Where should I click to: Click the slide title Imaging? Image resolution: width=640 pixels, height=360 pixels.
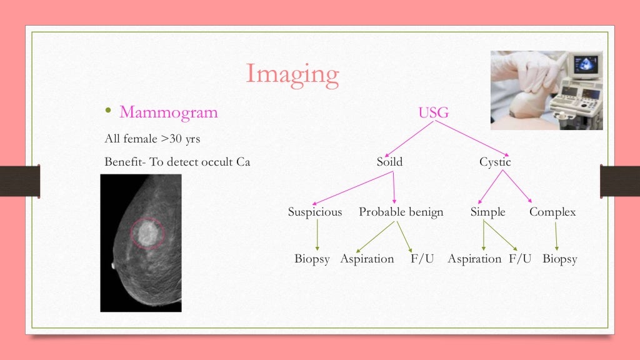click(292, 74)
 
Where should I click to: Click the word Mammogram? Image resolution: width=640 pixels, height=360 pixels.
click(169, 112)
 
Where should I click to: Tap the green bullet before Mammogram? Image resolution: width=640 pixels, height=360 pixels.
click(107, 112)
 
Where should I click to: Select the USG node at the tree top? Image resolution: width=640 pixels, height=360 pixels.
click(433, 112)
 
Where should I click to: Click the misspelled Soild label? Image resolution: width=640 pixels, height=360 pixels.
click(389, 162)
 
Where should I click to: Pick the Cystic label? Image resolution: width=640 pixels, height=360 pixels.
click(495, 162)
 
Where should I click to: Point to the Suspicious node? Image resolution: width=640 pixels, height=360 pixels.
click(315, 212)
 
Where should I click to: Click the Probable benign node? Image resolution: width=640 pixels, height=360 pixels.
click(401, 212)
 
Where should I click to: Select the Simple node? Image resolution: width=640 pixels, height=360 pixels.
click(487, 212)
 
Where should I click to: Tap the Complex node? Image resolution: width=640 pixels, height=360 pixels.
click(552, 212)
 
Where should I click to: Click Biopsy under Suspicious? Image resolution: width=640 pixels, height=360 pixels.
click(312, 259)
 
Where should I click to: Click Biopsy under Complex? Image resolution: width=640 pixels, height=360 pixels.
click(559, 259)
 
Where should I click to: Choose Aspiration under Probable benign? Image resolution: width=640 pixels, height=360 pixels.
click(367, 259)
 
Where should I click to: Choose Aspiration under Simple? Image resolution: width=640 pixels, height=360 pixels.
click(474, 259)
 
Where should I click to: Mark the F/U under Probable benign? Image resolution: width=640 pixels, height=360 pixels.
click(422, 259)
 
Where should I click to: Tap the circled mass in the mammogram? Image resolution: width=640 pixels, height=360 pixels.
click(147, 232)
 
